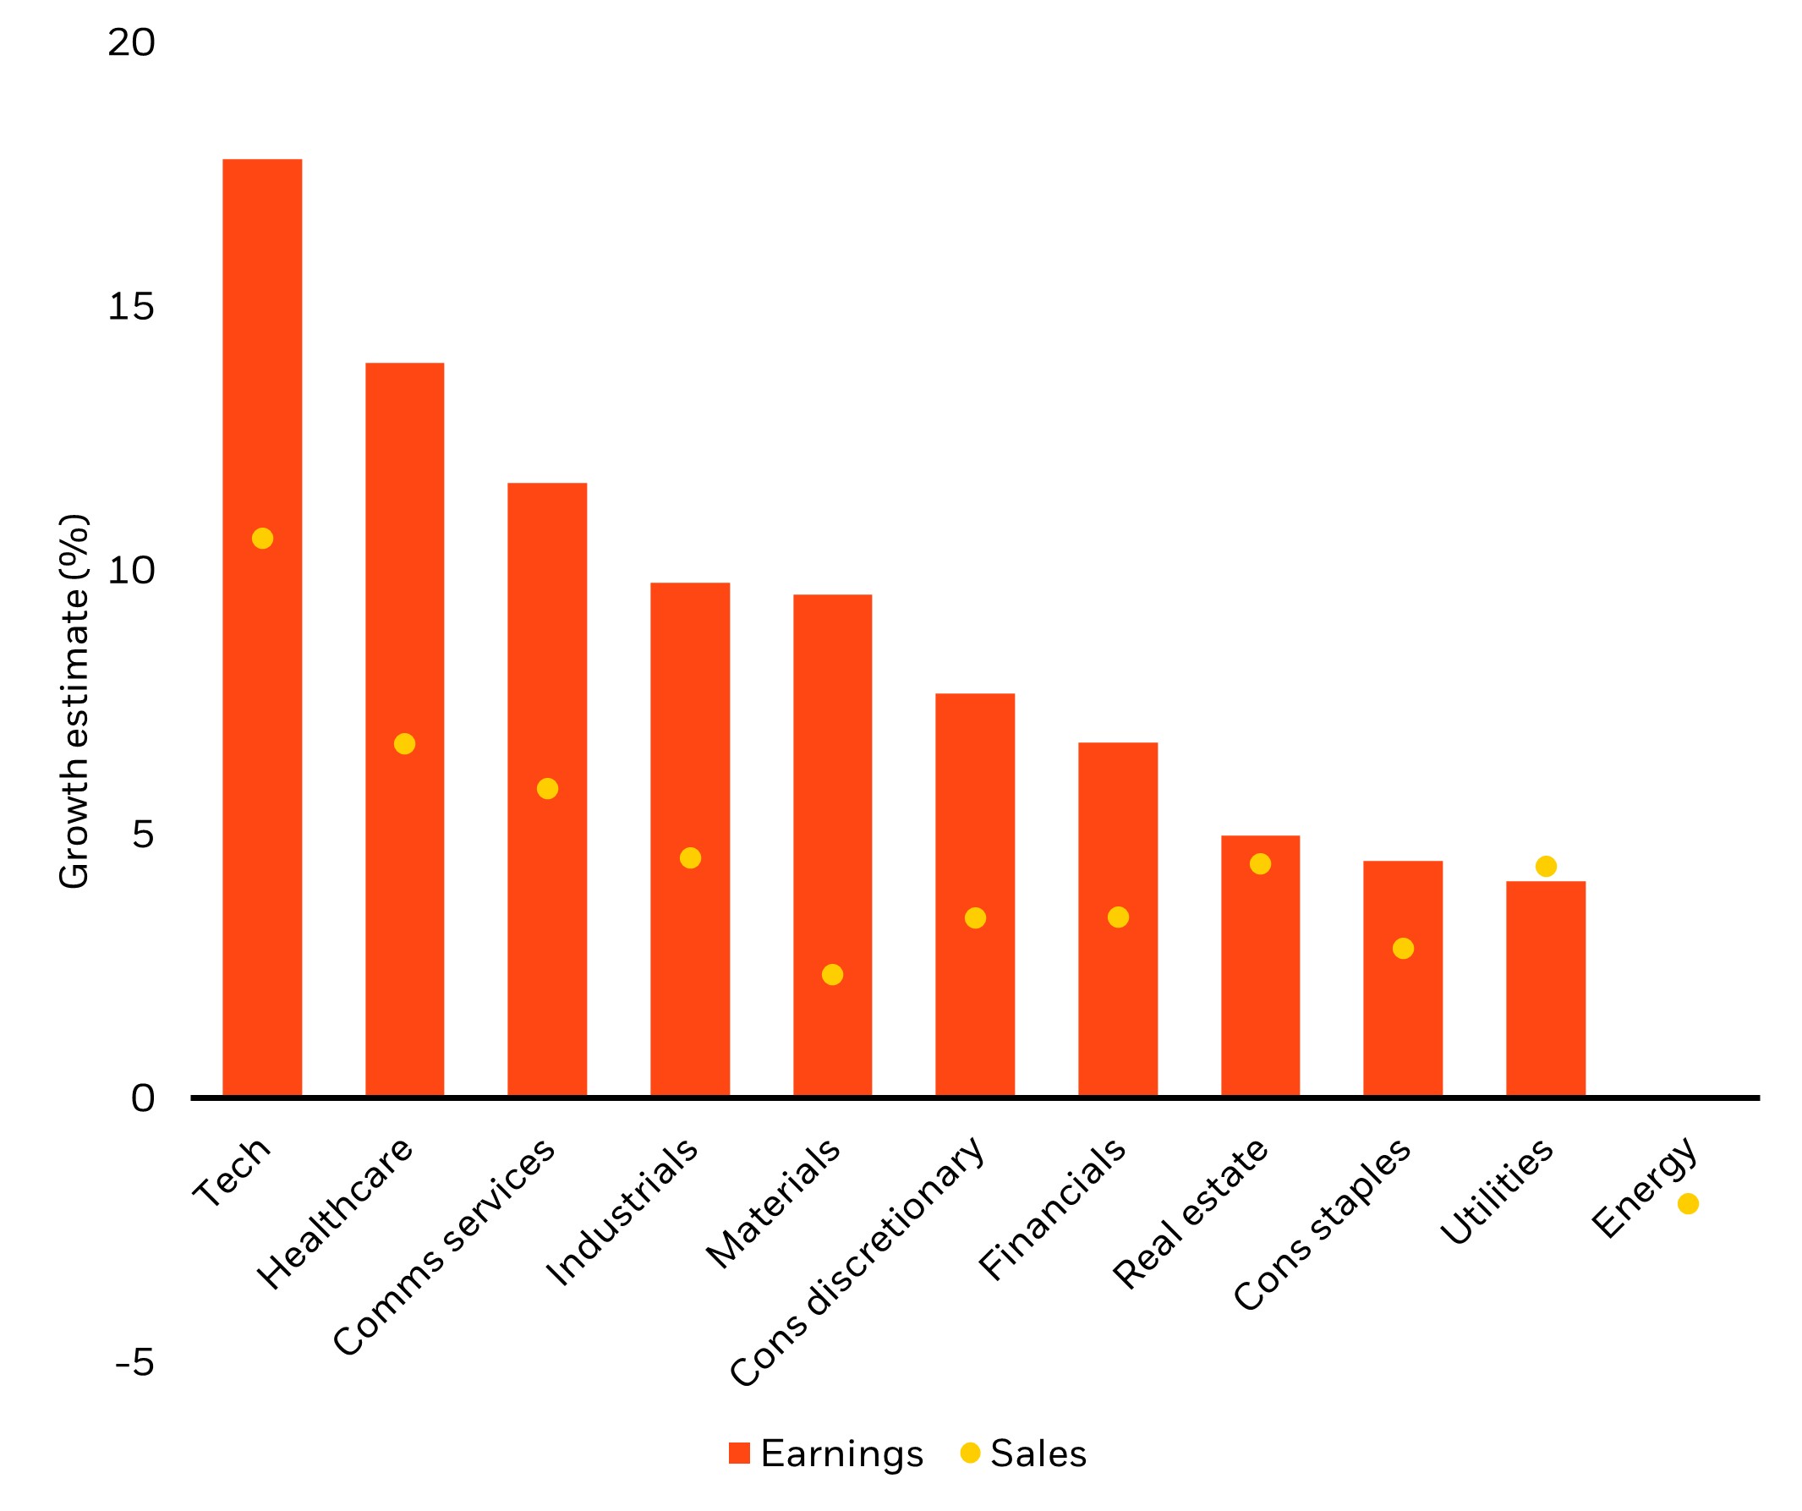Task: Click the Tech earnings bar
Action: click(x=263, y=627)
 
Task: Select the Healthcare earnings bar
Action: click(x=405, y=730)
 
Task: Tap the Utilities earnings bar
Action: click(x=1546, y=988)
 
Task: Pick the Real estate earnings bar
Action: click(x=1260, y=966)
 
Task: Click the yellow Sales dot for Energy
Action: click(x=1688, y=1204)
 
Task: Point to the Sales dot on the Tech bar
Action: click(x=263, y=538)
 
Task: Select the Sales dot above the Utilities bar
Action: click(x=1546, y=867)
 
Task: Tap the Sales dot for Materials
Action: click(x=832, y=975)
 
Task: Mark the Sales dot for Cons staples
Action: click(x=1403, y=948)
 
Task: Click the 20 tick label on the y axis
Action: click(x=131, y=42)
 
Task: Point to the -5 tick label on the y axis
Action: click(x=135, y=1361)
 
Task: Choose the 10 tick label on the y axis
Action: click(x=131, y=570)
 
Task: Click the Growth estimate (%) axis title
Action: click(x=74, y=701)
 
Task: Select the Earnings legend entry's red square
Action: click(x=740, y=1453)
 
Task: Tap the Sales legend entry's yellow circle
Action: click(x=970, y=1453)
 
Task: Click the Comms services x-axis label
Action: click(x=444, y=1247)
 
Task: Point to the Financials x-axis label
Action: click(x=1051, y=1209)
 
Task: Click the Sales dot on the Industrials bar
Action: click(x=690, y=858)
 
